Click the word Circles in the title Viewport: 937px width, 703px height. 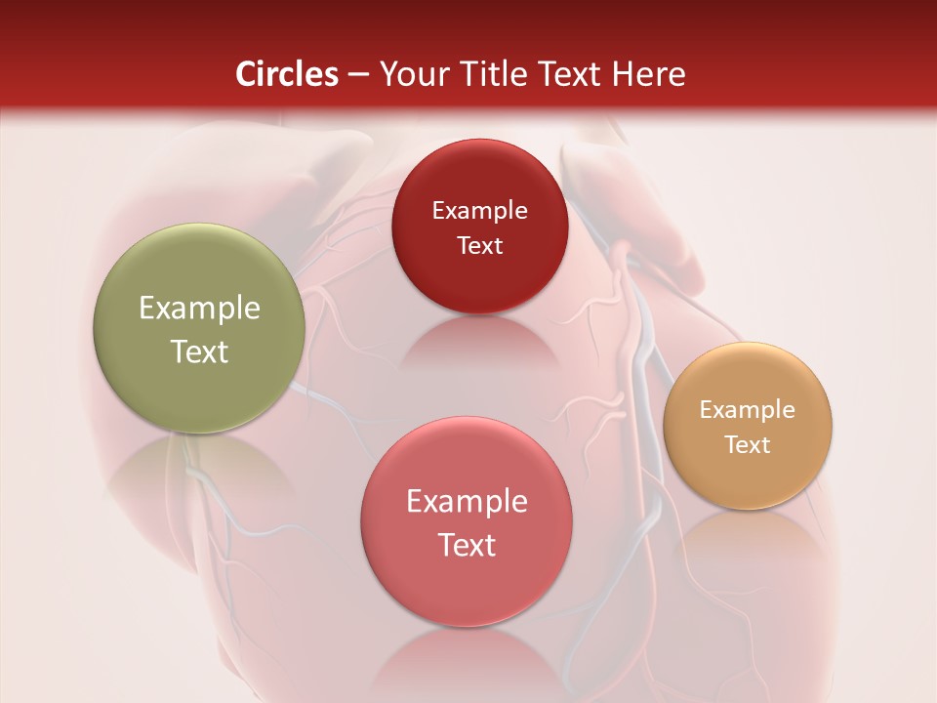coord(287,74)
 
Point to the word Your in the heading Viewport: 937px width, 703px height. coord(412,74)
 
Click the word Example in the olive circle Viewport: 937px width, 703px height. coord(199,309)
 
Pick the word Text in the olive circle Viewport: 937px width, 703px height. coord(199,351)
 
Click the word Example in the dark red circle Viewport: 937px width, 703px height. coord(479,211)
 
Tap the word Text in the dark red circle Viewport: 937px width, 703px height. coord(479,245)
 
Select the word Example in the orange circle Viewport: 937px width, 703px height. coord(748,410)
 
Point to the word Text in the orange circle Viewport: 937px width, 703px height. coord(748,444)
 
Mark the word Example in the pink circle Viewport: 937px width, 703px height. coord(467,502)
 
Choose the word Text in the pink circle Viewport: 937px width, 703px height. coord(467,544)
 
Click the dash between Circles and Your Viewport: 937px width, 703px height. coord(358,75)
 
